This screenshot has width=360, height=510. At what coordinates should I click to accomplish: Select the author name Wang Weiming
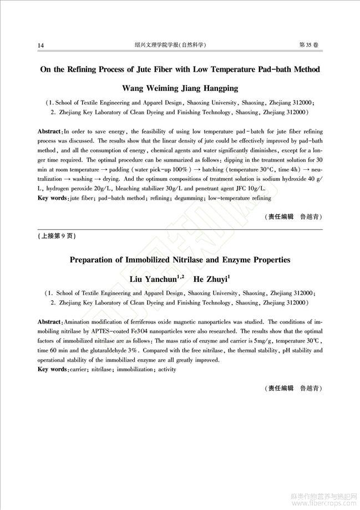146,88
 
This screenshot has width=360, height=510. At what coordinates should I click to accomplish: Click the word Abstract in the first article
49,132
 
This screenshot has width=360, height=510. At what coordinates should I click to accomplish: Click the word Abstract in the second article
49,322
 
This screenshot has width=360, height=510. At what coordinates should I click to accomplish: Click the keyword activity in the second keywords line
167,369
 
